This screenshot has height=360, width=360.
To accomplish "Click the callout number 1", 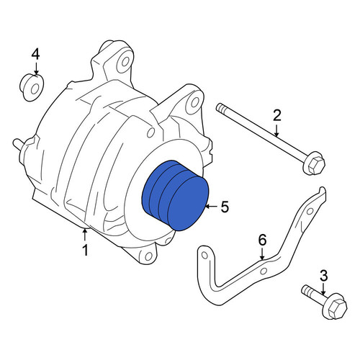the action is pyautogui.click(x=86, y=251).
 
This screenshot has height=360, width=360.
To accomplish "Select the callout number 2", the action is pyautogui.click(x=277, y=116).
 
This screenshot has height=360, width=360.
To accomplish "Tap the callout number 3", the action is pyautogui.click(x=323, y=276).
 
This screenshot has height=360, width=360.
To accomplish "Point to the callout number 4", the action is pyautogui.click(x=35, y=54).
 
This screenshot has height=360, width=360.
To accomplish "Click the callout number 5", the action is pyautogui.click(x=225, y=207).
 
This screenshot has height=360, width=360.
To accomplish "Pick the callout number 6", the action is pyautogui.click(x=262, y=240).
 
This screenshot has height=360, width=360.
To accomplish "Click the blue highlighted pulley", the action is pyautogui.click(x=175, y=196).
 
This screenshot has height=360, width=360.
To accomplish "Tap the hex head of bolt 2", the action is pyautogui.click(x=315, y=165).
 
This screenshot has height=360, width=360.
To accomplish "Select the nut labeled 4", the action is pyautogui.click(x=32, y=88).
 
